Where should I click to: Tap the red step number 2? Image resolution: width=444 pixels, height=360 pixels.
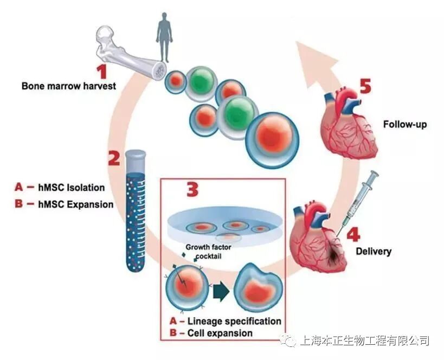pos(114,158)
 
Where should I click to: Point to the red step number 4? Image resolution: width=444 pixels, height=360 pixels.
pos(352,235)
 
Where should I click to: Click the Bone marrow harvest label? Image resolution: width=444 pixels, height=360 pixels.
pos(69,86)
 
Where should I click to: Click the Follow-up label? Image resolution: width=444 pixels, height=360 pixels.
pos(405,124)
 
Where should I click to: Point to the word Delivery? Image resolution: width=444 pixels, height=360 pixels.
pos(373,252)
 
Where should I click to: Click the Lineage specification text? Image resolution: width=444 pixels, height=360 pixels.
pos(234,321)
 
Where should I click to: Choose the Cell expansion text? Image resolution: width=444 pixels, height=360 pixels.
pos(220,333)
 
